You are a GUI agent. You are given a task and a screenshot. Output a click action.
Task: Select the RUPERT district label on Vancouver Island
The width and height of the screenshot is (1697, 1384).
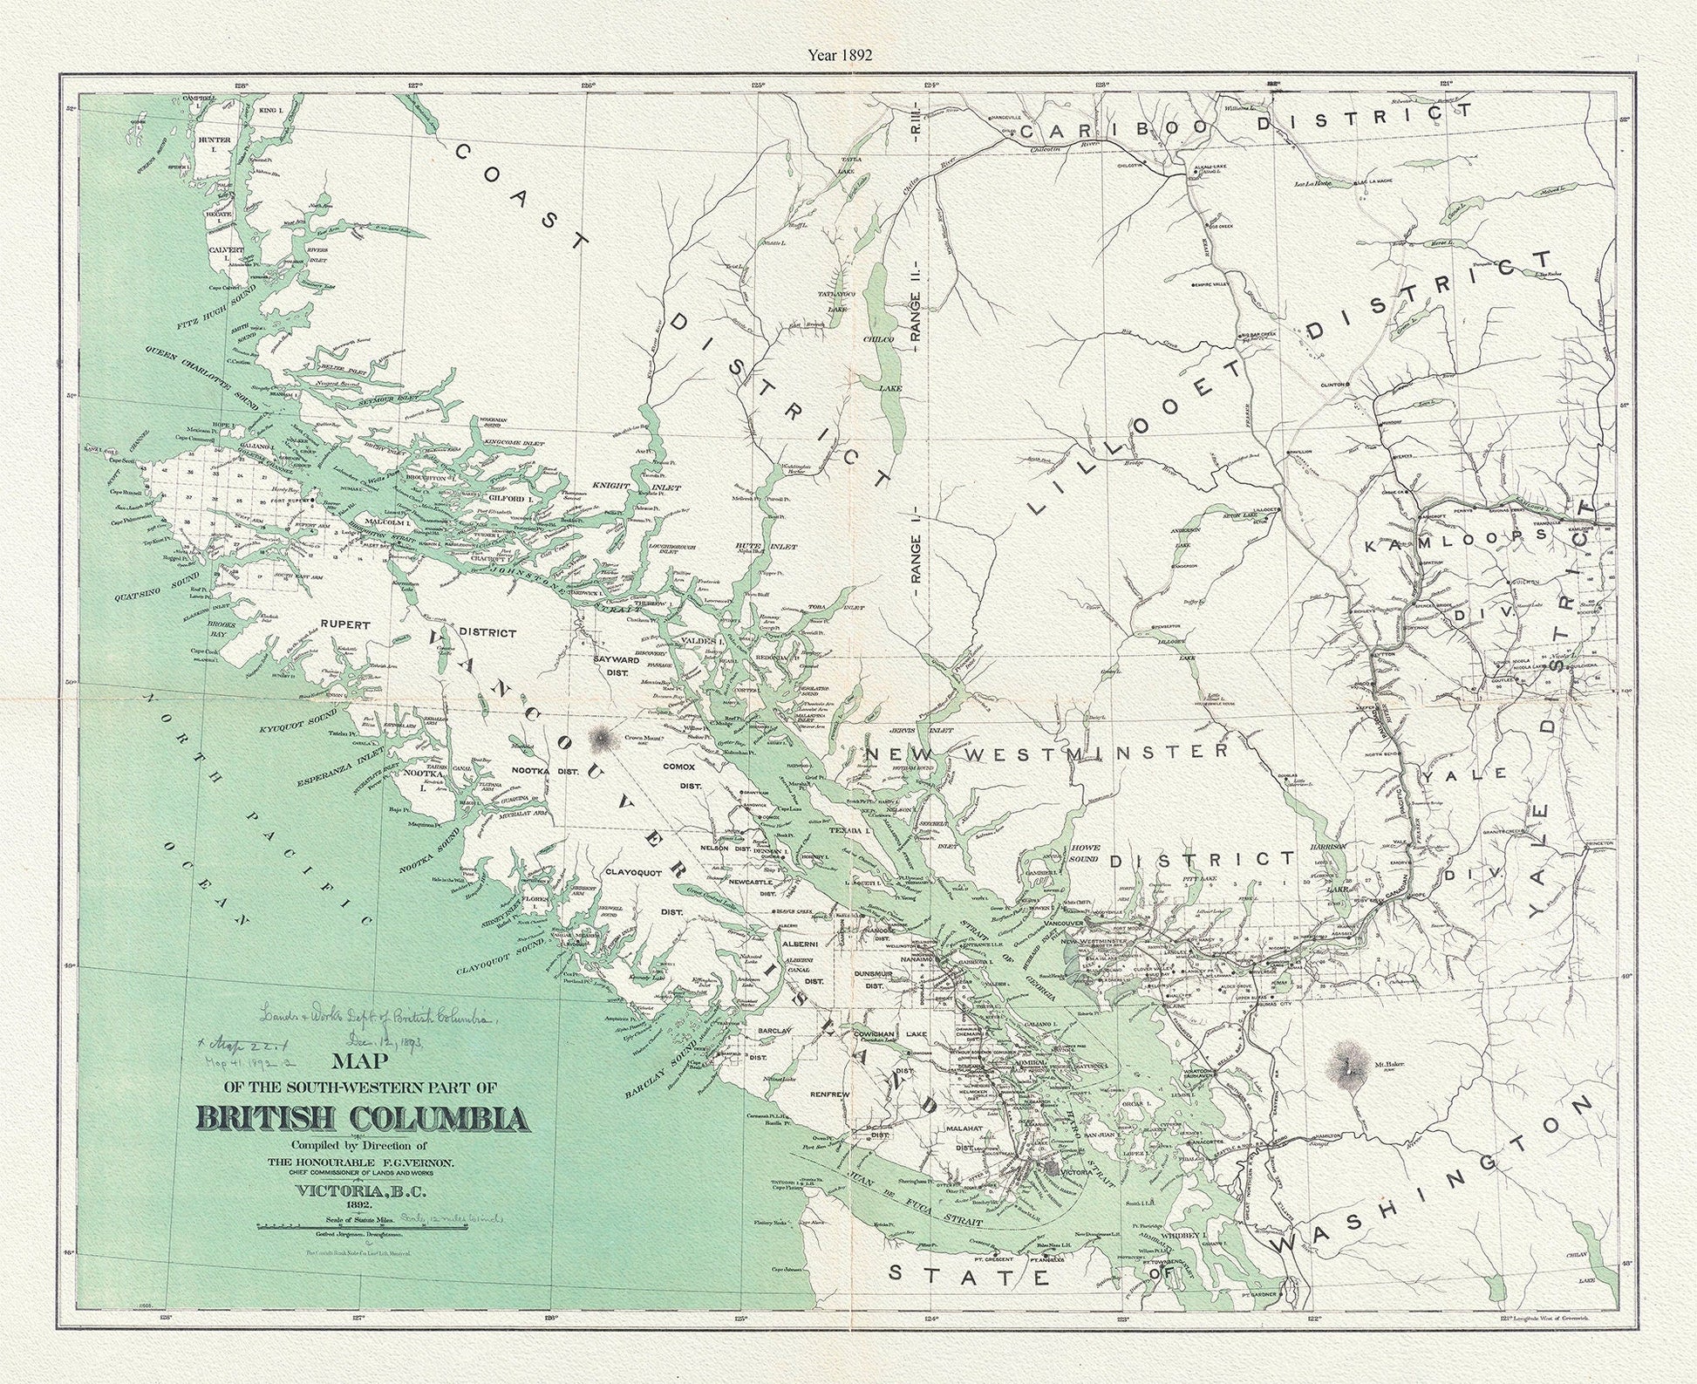[x=346, y=625]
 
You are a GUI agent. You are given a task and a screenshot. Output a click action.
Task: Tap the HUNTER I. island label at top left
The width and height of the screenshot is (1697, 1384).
[x=214, y=140]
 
